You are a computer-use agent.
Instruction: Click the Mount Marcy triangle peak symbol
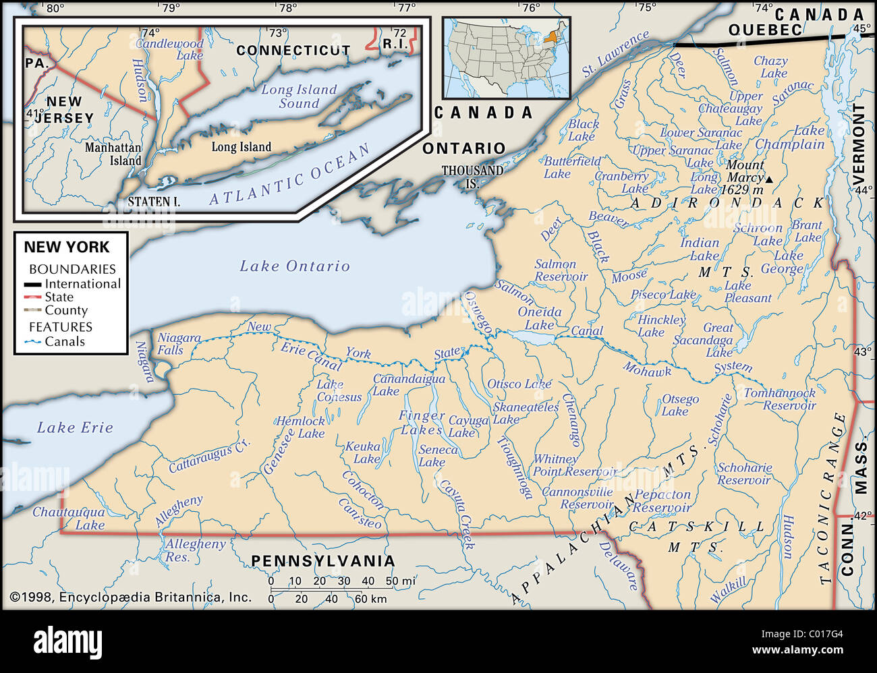[x=769, y=179]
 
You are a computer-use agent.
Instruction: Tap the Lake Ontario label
[x=295, y=266]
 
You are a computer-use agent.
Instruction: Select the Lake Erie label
[x=75, y=428]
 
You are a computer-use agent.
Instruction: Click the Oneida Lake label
[x=540, y=318]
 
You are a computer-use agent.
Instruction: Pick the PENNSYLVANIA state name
[x=323, y=561]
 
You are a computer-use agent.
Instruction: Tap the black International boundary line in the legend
[x=33, y=285]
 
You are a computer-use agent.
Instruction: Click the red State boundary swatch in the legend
[x=33, y=297]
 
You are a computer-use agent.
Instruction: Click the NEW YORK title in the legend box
[x=66, y=247]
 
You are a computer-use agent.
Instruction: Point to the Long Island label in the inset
[x=241, y=147]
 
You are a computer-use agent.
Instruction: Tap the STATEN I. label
[x=154, y=202]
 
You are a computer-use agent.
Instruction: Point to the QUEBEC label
[x=765, y=30]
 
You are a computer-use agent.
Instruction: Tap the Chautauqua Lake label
[x=69, y=519]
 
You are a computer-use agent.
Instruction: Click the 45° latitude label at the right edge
[x=861, y=28]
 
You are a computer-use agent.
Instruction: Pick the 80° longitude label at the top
[x=54, y=8]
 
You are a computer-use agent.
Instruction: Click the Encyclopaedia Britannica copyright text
[x=130, y=597]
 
